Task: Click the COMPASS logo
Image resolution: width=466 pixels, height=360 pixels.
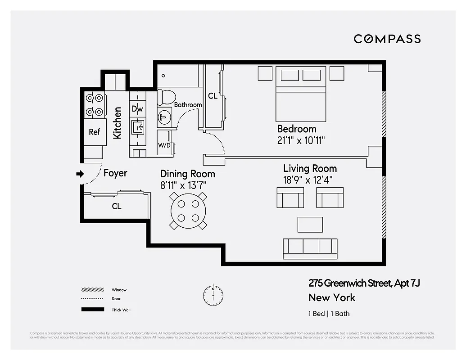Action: pos(387,39)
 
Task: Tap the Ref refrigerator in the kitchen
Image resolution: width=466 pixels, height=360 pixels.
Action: pos(94,132)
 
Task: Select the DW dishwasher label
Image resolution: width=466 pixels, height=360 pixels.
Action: pos(137,109)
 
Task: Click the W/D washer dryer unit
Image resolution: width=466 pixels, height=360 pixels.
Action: pos(164,145)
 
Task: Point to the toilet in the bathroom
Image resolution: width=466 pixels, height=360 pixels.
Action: pos(167,97)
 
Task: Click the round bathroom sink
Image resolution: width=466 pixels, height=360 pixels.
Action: pos(164,118)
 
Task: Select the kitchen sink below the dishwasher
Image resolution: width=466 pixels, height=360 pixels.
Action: pos(137,127)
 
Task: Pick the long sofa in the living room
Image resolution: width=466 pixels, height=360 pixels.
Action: pos(310,248)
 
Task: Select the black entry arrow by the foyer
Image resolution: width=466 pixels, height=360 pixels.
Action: pos(80,174)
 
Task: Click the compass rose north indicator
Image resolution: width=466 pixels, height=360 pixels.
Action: pos(213,294)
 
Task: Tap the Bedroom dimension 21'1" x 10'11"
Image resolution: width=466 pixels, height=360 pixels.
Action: pos(301,140)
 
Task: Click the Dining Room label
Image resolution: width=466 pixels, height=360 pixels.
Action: pos(188,174)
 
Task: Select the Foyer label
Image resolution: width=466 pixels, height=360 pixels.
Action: pos(115,173)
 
